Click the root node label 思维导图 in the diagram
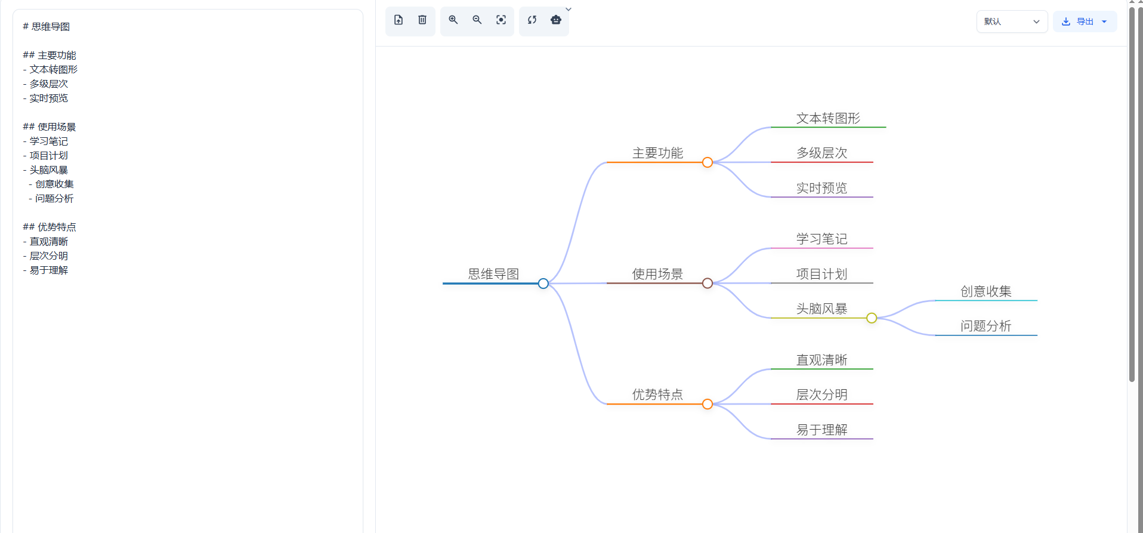coord(493,274)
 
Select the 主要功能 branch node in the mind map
coord(657,153)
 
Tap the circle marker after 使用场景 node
coord(708,284)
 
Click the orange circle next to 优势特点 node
coord(708,404)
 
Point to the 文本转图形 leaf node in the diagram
coord(828,118)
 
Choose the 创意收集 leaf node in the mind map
coord(986,291)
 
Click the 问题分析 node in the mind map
coord(986,326)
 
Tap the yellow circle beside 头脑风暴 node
coord(872,318)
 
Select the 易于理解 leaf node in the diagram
coord(821,430)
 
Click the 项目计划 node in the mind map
coord(821,274)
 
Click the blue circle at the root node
coord(543,284)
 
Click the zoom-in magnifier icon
coord(453,20)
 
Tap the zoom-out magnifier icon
coord(477,20)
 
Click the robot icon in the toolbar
coord(556,20)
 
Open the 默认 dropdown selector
coord(1012,21)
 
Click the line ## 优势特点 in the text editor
coord(50,227)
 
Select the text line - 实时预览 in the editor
coord(46,98)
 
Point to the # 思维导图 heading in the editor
coord(47,26)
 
